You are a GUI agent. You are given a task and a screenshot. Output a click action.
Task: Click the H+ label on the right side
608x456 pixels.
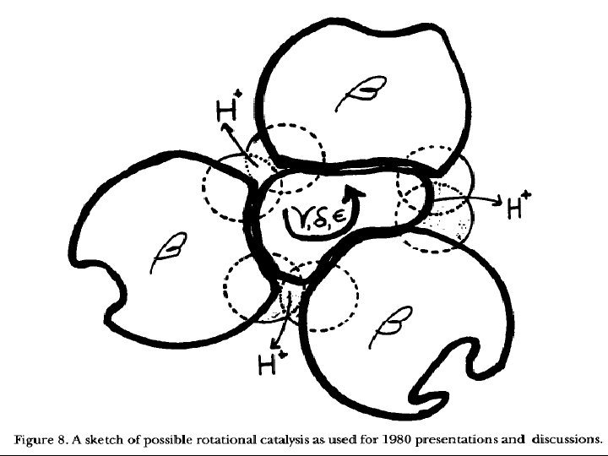518,205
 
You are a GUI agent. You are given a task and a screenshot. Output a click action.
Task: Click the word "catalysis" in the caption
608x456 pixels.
282,439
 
